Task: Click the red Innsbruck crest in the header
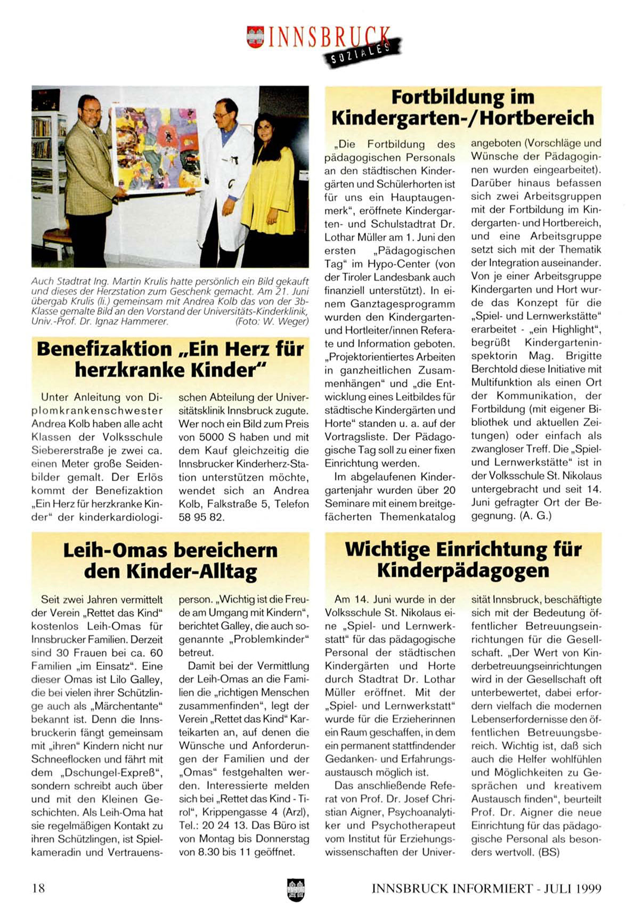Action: [255, 37]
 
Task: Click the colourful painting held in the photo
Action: [157, 149]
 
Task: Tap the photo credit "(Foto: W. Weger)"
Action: [272, 321]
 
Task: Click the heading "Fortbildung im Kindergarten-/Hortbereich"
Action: [462, 108]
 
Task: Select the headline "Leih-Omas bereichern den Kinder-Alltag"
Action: [170, 560]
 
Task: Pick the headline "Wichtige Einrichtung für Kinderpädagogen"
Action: [463, 559]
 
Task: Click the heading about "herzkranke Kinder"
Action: [170, 360]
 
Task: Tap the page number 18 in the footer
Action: [39, 888]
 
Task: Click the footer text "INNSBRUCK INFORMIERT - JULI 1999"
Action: [486, 888]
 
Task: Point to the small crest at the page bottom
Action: [295, 889]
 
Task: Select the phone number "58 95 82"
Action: [201, 517]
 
